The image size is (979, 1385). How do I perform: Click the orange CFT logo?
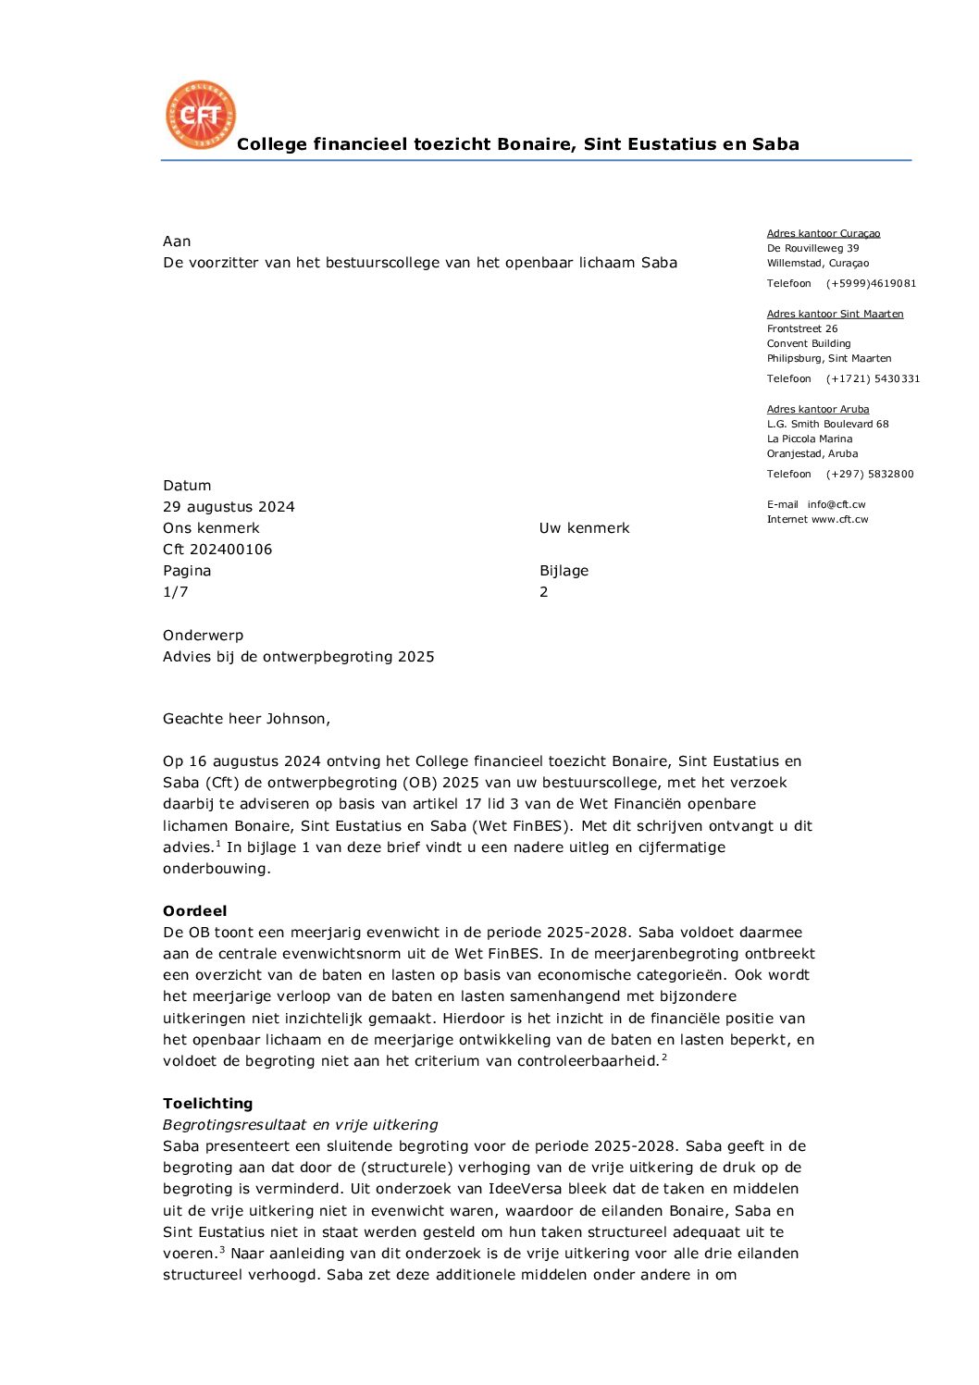(201, 115)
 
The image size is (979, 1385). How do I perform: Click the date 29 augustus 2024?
(229, 507)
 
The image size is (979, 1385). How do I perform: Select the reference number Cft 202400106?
(217, 550)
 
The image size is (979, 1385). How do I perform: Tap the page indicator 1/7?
(176, 592)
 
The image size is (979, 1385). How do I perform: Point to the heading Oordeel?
(194, 911)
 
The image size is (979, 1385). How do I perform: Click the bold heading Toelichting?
(207, 1104)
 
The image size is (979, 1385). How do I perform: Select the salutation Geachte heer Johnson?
(246, 719)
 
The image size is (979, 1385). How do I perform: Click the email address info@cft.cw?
(836, 505)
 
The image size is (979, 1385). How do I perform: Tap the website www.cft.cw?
(840, 520)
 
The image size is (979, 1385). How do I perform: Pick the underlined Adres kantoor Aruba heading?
(818, 409)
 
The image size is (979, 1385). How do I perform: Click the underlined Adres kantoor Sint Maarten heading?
(835, 314)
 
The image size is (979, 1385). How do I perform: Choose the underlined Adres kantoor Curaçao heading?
(824, 233)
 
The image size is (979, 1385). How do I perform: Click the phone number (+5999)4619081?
(871, 284)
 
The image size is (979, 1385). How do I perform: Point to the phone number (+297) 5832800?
(870, 475)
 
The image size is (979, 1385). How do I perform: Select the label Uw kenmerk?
(584, 528)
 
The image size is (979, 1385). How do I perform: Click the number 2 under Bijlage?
(544, 592)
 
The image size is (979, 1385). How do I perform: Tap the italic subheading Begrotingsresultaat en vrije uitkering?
(300, 1125)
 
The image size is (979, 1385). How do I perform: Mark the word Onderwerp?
(203, 636)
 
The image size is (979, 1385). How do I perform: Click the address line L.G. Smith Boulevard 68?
(827, 425)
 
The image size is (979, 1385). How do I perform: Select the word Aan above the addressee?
(177, 241)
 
